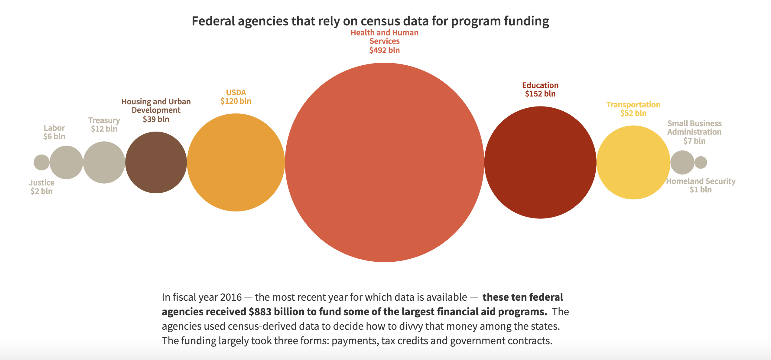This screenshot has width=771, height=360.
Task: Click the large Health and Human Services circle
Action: [x=384, y=162]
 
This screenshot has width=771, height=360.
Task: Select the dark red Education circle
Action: [x=540, y=162]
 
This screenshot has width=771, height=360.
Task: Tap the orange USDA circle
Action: [x=236, y=162]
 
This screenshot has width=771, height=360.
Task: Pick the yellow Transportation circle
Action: [x=633, y=162]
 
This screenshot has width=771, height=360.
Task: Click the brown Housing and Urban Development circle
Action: [x=156, y=162]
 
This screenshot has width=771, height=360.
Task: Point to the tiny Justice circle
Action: [x=41, y=162]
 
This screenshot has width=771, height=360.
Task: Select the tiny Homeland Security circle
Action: [x=701, y=162]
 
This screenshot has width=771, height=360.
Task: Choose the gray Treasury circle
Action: [x=104, y=162]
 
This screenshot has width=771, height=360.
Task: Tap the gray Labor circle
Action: [x=66, y=162]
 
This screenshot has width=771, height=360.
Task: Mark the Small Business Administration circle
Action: [x=682, y=162]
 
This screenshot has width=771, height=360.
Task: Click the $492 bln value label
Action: [x=384, y=50]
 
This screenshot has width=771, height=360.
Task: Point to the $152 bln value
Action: [x=540, y=94]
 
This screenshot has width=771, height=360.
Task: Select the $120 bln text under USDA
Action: [x=236, y=101]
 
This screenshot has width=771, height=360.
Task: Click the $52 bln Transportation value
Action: [x=633, y=113]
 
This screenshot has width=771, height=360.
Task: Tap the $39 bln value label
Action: [x=156, y=119]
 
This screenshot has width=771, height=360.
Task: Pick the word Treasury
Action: [x=104, y=120]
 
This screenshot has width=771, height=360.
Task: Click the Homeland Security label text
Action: [x=701, y=181]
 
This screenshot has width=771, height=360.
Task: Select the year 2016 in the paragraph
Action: [x=231, y=297]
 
